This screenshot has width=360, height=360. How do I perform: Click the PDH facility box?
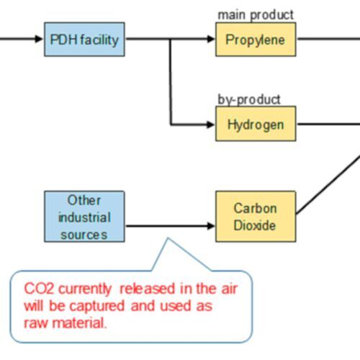tap(84, 39)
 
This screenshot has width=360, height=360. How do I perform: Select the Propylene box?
tap(255, 39)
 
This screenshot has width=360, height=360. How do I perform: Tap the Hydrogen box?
tap(255, 124)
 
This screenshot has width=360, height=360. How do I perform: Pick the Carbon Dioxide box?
tap(255, 217)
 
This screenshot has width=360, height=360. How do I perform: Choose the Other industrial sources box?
tap(84, 217)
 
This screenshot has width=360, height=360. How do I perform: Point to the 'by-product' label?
tap(249, 99)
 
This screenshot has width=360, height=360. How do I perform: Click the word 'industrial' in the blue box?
tap(84, 217)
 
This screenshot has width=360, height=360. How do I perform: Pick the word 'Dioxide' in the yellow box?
tap(255, 225)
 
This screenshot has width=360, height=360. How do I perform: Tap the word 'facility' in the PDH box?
tap(98, 39)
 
